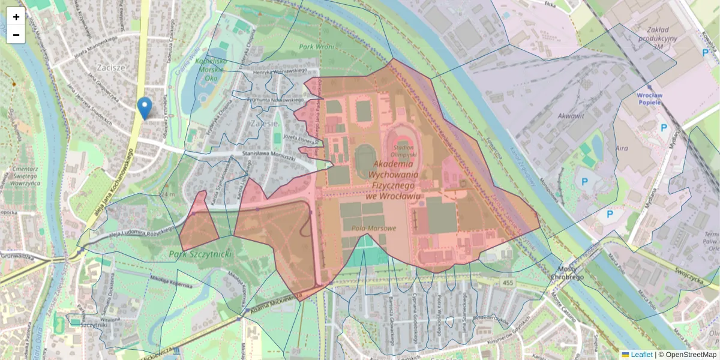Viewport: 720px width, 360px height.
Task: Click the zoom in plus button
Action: point(16,17)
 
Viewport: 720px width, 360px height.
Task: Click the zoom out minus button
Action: point(16,35)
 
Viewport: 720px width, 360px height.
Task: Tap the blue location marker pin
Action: point(144,108)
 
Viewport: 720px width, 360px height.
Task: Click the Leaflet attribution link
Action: point(637,355)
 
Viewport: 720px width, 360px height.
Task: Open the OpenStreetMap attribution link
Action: point(691,355)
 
